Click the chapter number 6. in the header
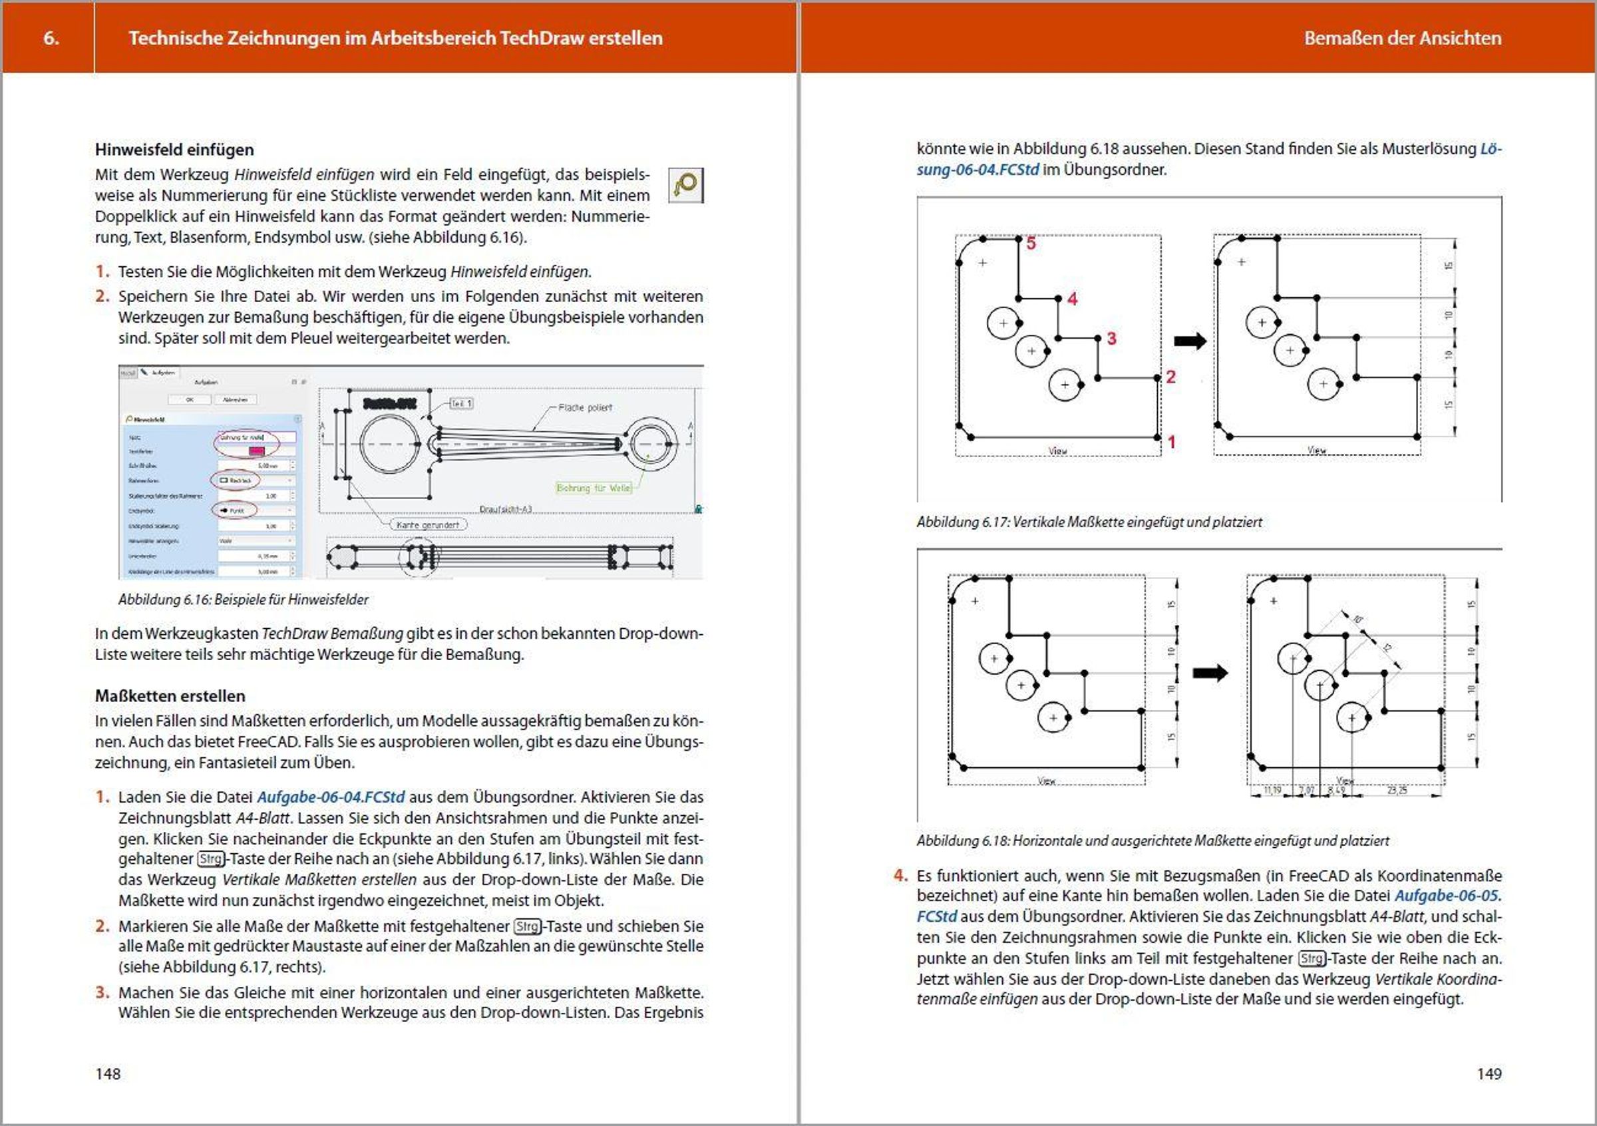tap(51, 38)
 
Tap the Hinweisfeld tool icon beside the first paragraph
tap(685, 185)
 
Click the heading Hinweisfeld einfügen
tap(174, 150)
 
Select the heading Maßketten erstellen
tap(170, 695)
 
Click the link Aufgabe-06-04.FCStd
tap(331, 797)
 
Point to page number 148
tap(108, 1074)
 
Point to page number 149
tap(1489, 1074)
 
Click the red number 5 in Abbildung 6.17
tap(1031, 244)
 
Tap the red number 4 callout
tap(1072, 299)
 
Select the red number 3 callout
tap(1111, 339)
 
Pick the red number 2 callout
tap(1170, 377)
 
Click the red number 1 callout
tap(1171, 442)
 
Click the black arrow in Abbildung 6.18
tap(1210, 673)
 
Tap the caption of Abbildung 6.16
tap(243, 600)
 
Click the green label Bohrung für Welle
tap(594, 488)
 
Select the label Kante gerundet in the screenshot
tap(428, 524)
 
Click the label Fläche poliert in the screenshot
tap(585, 407)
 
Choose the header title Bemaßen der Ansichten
tap(1402, 38)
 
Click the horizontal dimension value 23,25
tap(1397, 790)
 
